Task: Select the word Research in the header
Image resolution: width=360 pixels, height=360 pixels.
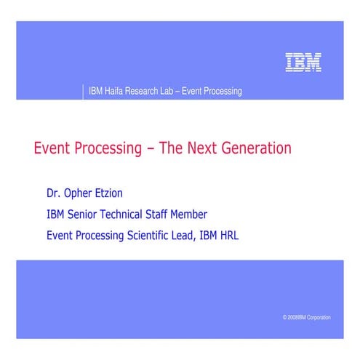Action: point(147,92)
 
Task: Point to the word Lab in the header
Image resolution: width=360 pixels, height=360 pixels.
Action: point(174,92)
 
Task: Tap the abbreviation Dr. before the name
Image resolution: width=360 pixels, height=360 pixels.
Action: point(52,194)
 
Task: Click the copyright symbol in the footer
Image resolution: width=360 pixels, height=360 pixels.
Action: point(284,318)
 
